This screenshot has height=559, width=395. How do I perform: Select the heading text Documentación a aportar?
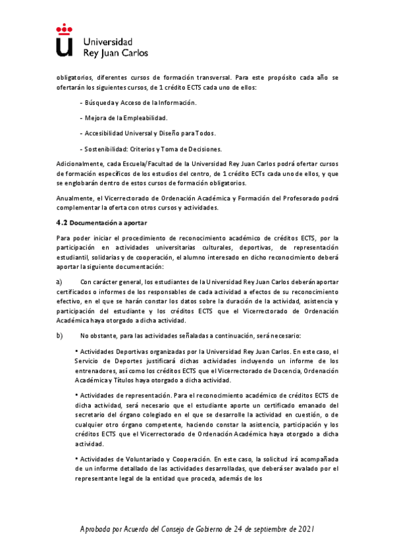click(109, 223)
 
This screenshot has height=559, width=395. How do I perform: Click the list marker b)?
click(59, 335)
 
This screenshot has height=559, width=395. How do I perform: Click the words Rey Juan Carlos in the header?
click(116, 52)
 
